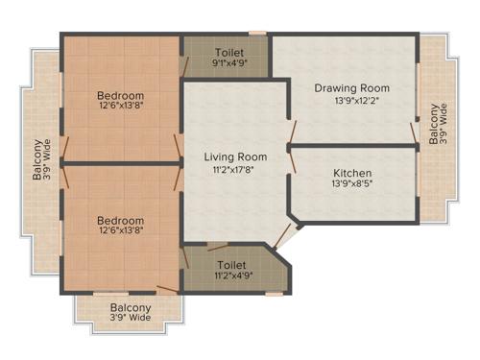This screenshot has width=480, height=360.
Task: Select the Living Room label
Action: pyautogui.click(x=234, y=156)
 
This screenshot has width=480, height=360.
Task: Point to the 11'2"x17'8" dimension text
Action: pyautogui.click(x=234, y=170)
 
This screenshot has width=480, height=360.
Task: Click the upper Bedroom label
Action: pyautogui.click(x=121, y=95)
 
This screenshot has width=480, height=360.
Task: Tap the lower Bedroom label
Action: pyautogui.click(x=121, y=220)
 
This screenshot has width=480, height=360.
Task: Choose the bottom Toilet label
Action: pyautogui.click(x=232, y=263)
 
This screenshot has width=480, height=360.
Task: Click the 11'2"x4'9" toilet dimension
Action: pyautogui.click(x=232, y=275)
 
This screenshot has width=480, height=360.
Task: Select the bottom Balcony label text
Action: pyautogui.click(x=131, y=307)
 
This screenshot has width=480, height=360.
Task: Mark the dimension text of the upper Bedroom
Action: pyautogui.click(x=121, y=108)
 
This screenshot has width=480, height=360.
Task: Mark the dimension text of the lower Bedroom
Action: pyautogui.click(x=121, y=232)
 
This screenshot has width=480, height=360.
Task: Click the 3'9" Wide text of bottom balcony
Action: pyautogui.click(x=131, y=318)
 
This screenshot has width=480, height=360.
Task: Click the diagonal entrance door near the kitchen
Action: pyautogui.click(x=284, y=233)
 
